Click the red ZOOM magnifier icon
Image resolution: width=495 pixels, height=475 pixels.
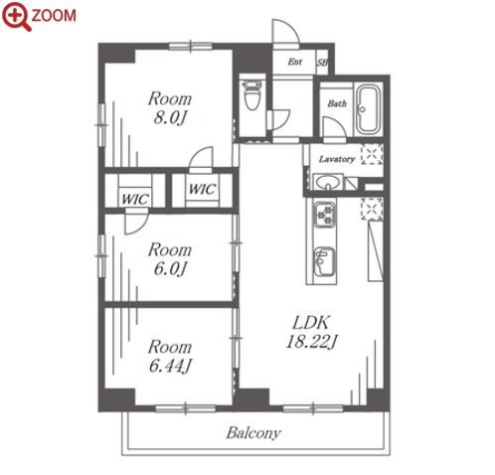point(16,17)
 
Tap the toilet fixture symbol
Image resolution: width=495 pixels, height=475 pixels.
point(252,95)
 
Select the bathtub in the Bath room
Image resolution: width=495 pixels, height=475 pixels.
point(368,110)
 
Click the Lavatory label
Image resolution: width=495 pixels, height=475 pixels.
point(337,159)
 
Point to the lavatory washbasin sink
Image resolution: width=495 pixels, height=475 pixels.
point(327,182)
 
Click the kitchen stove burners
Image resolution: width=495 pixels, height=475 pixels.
point(324,215)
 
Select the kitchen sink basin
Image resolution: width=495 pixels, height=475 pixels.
point(324,261)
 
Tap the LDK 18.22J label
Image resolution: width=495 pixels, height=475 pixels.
point(311,332)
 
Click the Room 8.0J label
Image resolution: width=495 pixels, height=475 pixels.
point(170,108)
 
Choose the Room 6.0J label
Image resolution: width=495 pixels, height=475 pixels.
point(170,259)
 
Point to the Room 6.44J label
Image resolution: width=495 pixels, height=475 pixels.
point(170,356)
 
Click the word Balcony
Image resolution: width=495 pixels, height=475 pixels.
point(253,433)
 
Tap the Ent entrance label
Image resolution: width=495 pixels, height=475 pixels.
point(294,62)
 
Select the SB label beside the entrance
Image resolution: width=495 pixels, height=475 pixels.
point(322,63)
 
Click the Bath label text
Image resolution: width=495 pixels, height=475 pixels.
point(337,103)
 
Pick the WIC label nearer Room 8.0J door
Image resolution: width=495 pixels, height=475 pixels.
point(202,189)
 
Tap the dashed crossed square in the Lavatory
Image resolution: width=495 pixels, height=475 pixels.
point(372,154)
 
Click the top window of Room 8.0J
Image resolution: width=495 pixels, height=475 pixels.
point(191,47)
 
